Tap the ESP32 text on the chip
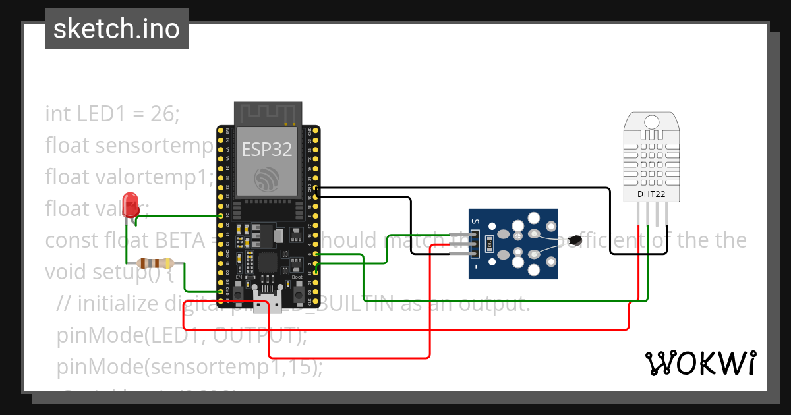267,150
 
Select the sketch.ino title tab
117,29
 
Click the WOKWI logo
700,364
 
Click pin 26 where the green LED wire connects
221,215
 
